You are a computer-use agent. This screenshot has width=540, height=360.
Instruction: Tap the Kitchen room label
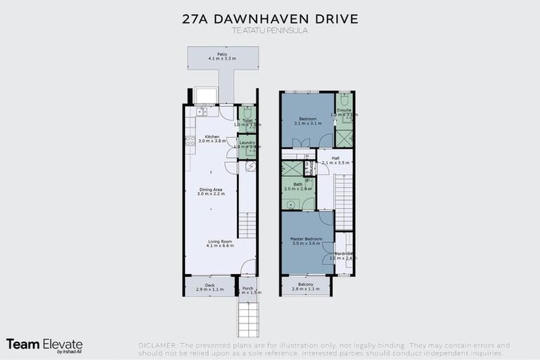tap(212, 137)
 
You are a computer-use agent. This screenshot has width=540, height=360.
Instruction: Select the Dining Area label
tap(212, 189)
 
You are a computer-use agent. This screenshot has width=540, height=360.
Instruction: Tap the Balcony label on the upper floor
tap(305, 284)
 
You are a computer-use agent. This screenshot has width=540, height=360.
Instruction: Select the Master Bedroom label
tap(306, 239)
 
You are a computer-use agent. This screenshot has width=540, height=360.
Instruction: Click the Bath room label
tap(298, 184)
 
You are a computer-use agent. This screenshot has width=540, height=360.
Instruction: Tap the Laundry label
tap(247, 143)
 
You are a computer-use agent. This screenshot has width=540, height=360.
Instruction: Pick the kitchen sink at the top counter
tap(201, 111)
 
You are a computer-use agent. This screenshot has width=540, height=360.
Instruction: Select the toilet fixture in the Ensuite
tap(345, 100)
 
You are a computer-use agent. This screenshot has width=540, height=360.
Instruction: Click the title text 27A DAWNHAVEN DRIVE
tap(270, 18)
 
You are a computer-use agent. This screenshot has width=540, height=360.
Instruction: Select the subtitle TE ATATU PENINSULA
tap(270, 31)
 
